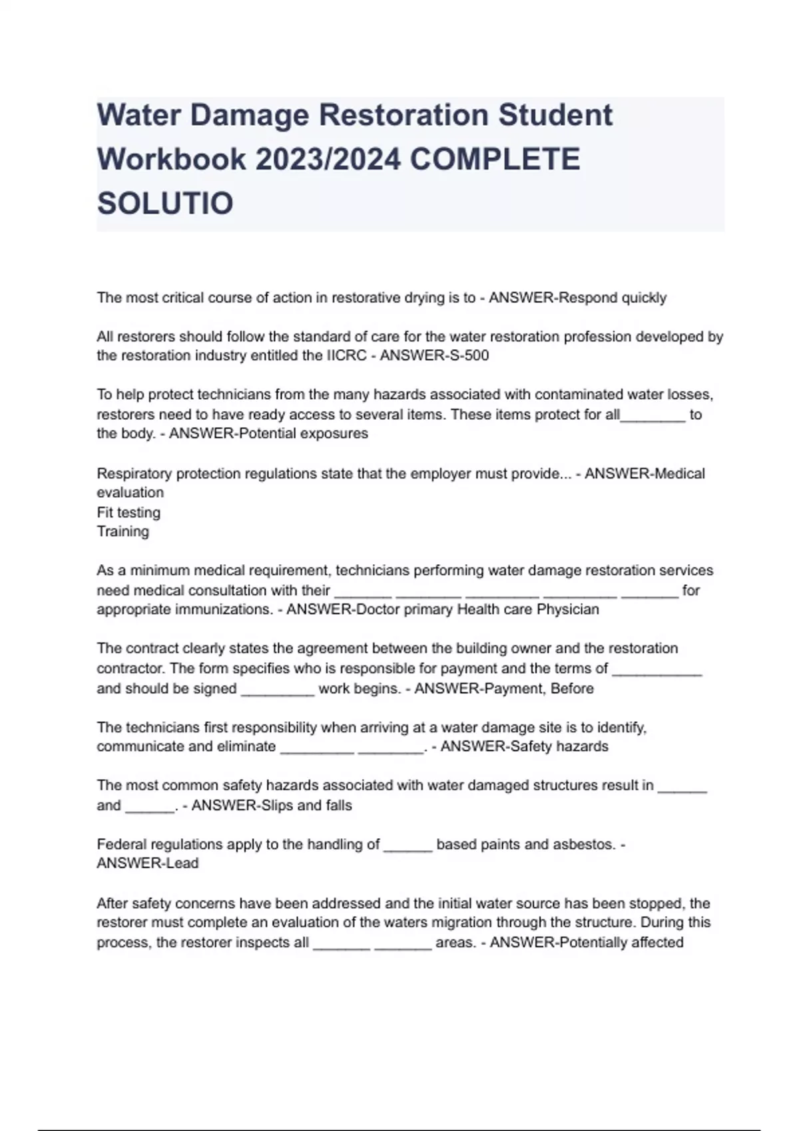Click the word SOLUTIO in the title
pos(165,203)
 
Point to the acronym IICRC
pos(346,355)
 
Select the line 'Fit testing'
pos(129,512)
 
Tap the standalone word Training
pos(123,531)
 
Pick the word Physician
pos(568,609)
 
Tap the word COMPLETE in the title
pos(495,159)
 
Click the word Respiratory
pos(134,474)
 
